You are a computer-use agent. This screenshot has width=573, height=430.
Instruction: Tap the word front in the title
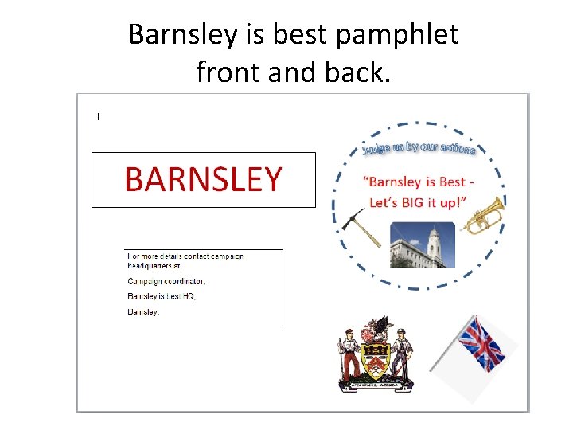(x=228, y=72)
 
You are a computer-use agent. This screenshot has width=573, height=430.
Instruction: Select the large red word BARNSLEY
(x=203, y=180)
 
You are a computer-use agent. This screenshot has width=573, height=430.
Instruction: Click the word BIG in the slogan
(x=414, y=202)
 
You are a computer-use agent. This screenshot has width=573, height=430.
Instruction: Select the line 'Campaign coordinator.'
(x=166, y=281)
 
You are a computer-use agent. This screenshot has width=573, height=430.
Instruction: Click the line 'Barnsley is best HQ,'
(x=162, y=296)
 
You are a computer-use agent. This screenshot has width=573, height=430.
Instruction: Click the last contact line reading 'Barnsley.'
(x=144, y=311)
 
